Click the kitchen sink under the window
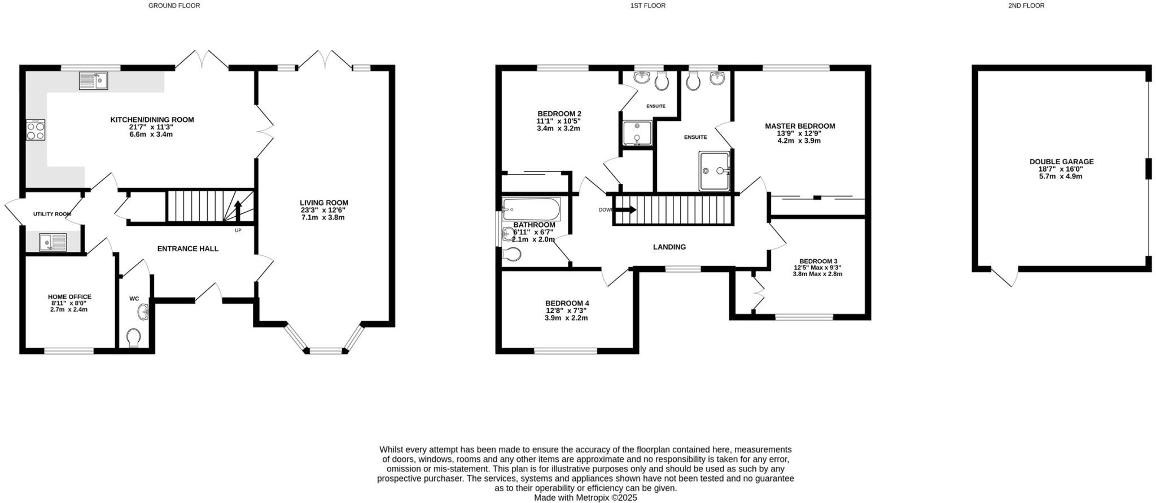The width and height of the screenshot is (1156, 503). pos(94,81)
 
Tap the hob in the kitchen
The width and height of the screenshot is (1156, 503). pos(35,130)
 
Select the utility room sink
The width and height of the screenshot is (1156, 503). pos(52,242)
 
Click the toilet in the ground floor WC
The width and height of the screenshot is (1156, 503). pos(134,338)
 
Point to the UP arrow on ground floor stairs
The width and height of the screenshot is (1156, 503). pos(238,211)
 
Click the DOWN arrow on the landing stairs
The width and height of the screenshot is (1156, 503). pos(625,210)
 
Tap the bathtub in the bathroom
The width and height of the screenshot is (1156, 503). pos(531,209)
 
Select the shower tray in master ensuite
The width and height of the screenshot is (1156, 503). pos(714,170)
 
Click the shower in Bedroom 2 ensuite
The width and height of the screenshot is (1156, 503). pos(637,133)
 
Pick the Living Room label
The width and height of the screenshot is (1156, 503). pos(324,203)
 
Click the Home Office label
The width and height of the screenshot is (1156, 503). pos(69,297)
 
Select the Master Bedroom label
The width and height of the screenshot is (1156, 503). pos(799,126)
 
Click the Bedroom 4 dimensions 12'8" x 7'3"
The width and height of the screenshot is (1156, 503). pos(567,310)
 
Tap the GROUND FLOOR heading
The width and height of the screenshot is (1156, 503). pos(174,6)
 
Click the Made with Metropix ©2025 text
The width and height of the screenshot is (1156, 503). pos(585,498)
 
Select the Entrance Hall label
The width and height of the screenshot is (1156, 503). pos(187,248)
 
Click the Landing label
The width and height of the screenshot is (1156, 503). pos(669,247)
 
